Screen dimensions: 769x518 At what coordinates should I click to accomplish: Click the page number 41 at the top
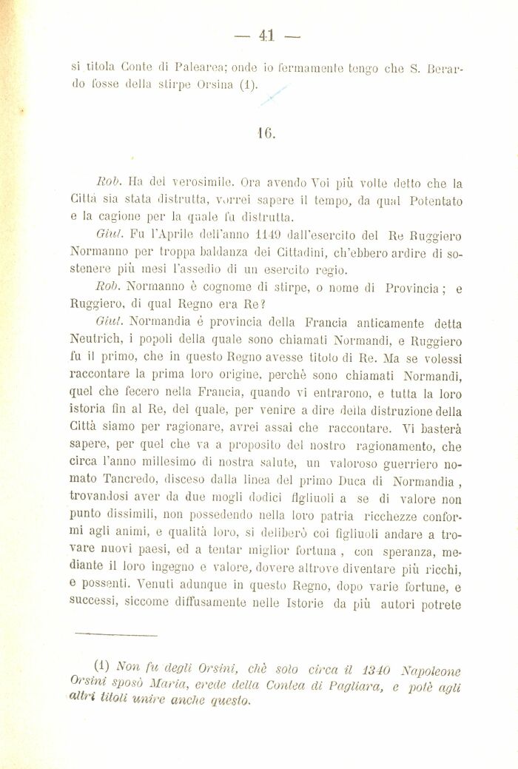pos(266,34)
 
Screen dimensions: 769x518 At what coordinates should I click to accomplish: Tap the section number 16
pos(266,135)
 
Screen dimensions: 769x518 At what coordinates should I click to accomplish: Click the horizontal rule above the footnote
pos(115,634)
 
